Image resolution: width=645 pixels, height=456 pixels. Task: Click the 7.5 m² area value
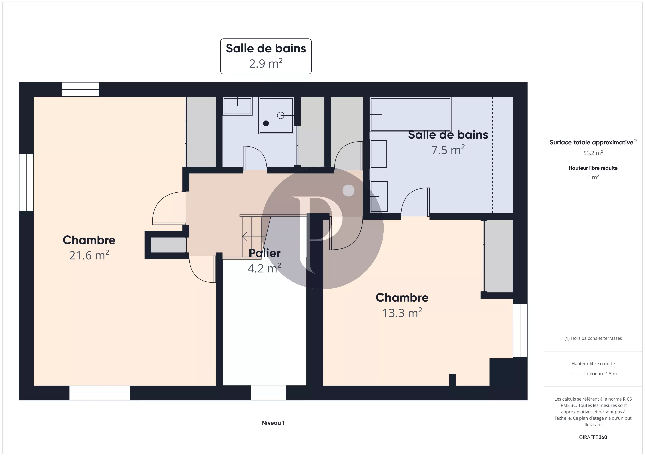448,150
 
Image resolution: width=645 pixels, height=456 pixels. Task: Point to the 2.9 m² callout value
266,63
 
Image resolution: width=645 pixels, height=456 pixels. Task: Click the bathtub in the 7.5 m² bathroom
410,114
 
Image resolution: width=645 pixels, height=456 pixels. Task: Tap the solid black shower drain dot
266,123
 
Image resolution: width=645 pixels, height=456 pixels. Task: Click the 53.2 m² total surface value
593,153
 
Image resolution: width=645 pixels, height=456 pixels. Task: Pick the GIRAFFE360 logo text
593,437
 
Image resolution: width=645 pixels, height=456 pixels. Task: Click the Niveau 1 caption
273,423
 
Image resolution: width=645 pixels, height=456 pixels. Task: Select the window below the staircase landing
268,393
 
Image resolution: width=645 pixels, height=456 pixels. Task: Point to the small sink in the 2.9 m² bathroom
237,106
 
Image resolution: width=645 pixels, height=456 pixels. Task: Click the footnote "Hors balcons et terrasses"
593,338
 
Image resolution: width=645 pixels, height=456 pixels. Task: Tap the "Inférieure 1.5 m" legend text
600,374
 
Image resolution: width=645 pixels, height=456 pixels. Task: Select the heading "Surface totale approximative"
591,142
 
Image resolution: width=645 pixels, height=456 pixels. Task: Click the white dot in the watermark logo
349,191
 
